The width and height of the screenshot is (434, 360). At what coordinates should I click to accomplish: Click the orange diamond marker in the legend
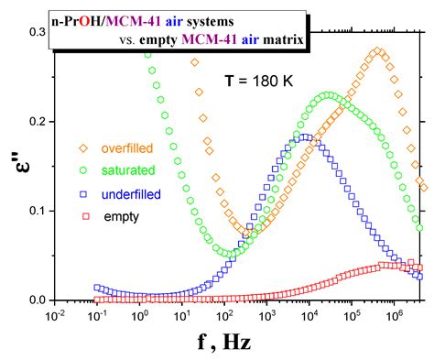[82, 147]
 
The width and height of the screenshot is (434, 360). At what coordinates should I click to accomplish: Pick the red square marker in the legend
[82, 216]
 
